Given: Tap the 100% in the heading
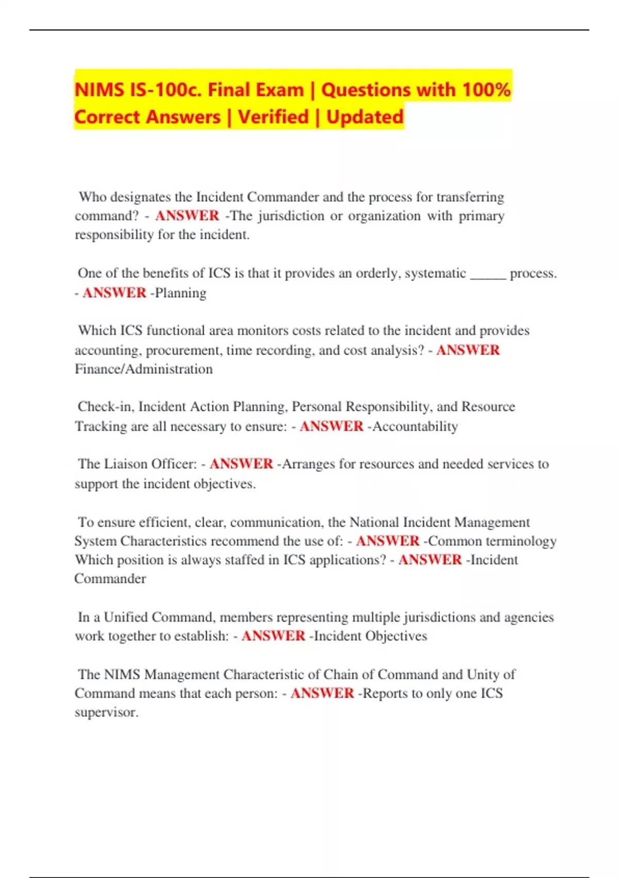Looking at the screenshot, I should click(486, 89).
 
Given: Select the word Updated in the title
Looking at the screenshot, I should click(365, 117).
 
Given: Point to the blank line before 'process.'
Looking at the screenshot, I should click(488, 274).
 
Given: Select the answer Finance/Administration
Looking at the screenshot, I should click(143, 369).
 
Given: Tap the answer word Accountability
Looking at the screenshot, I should click(415, 426).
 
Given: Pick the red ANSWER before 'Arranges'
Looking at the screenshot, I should click(241, 464).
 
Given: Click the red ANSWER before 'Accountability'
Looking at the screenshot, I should click(332, 426).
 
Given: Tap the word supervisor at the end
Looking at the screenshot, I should click(106, 712).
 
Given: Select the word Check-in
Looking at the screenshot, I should click(105, 406).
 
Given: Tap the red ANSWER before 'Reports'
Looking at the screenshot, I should click(322, 693).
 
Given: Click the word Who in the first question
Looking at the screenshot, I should click(92, 197).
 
